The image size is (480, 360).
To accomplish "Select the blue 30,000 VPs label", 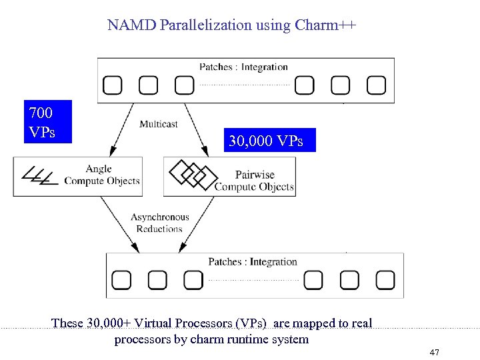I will click(x=265, y=141).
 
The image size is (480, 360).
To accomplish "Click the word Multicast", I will click(x=158, y=124).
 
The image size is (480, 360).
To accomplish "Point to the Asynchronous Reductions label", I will click(x=159, y=223).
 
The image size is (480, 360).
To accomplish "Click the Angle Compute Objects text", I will click(x=101, y=175).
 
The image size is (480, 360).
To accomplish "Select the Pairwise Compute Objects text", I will click(x=254, y=181).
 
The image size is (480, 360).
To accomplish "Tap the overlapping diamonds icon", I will click(x=193, y=174).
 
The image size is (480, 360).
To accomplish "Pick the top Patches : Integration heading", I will click(x=243, y=67).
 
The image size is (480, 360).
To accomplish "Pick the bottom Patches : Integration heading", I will click(x=252, y=261).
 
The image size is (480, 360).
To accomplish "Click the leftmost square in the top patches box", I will click(x=112, y=85).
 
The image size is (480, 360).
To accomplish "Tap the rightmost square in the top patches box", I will click(x=376, y=85).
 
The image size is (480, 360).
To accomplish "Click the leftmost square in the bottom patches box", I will click(x=121, y=280).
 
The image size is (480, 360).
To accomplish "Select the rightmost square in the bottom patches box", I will click(x=385, y=280).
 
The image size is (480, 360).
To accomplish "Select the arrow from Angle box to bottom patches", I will click(x=119, y=225).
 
